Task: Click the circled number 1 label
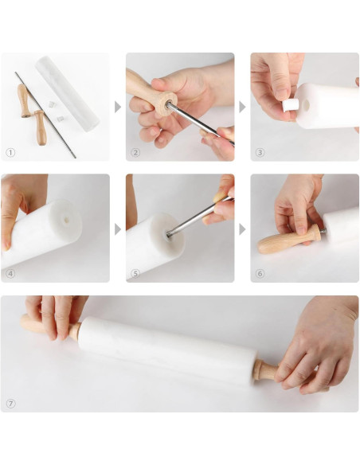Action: click(10, 153)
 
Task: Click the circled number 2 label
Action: click(135, 153)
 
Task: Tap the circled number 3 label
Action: click(260, 153)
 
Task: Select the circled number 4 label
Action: click(10, 273)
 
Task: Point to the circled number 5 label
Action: click(135, 273)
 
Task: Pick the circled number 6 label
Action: click(260, 273)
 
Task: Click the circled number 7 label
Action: click(10, 404)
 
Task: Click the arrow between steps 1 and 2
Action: click(118, 107)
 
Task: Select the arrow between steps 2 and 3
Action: click(242, 107)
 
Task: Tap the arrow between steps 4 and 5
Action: click(118, 229)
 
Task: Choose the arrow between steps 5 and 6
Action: click(242, 229)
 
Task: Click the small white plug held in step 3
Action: click(291, 106)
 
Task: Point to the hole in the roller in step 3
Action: click(306, 104)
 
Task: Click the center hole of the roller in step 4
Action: click(66, 220)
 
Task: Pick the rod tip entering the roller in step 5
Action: click(170, 235)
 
